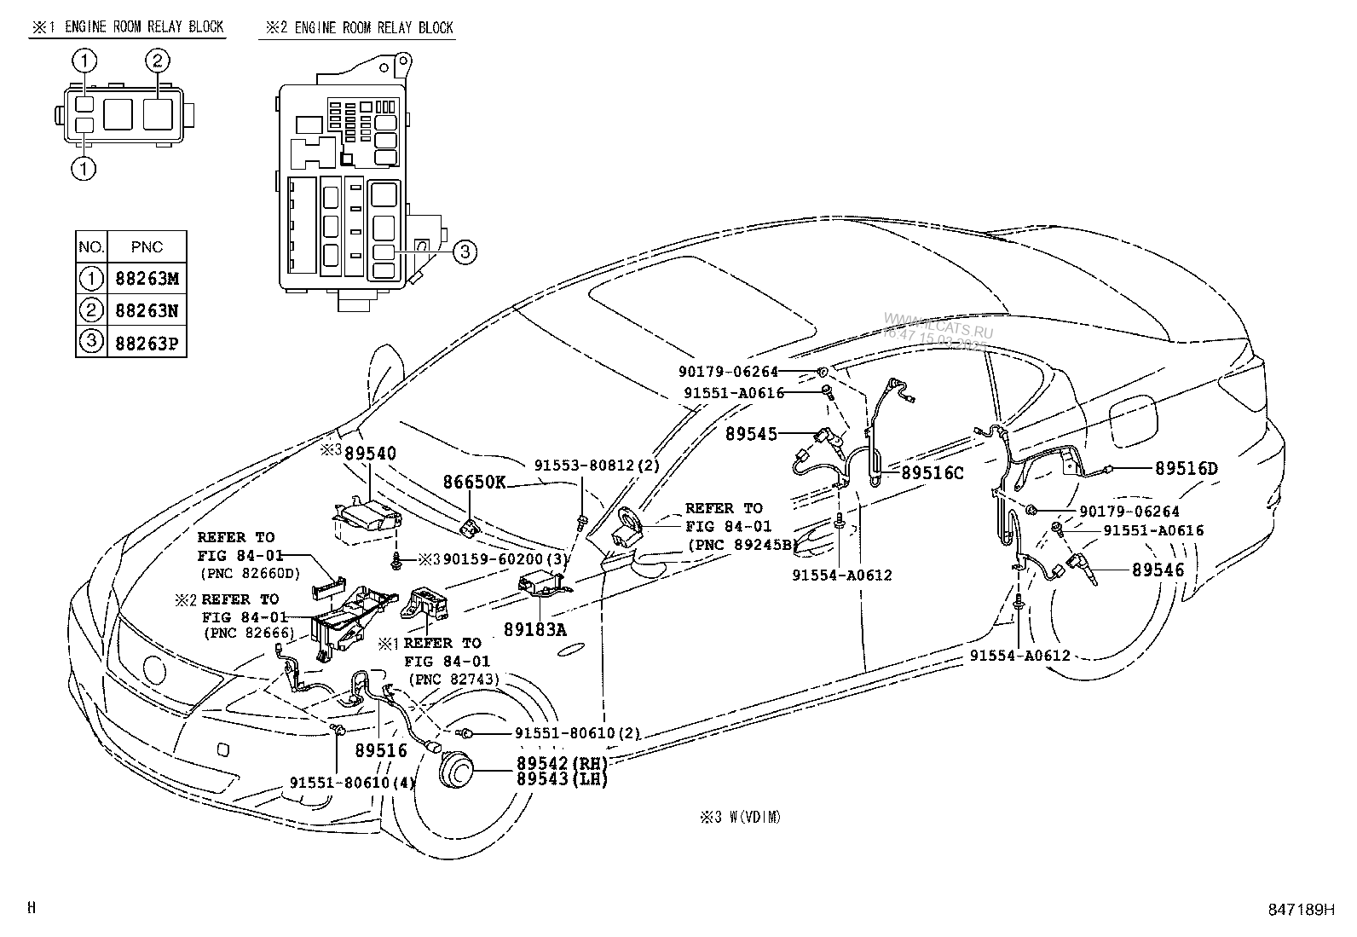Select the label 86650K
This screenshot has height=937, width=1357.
pyautogui.click(x=473, y=483)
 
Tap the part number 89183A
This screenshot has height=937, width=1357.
pyautogui.click(x=534, y=629)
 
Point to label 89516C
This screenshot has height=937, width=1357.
pyautogui.click(x=932, y=472)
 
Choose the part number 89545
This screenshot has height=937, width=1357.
pyautogui.click(x=751, y=434)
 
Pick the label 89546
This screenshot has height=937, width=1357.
pyautogui.click(x=1158, y=570)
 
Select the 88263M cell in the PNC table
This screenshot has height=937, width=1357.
pyautogui.click(x=147, y=279)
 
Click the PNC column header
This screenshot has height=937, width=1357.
pyautogui.click(x=147, y=247)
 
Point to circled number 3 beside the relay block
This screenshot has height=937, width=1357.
pyautogui.click(x=463, y=251)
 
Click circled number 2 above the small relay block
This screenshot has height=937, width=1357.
pyautogui.click(x=158, y=61)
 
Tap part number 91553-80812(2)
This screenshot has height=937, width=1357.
pyautogui.click(x=597, y=466)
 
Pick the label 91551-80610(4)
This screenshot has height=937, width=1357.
pyautogui.click(x=352, y=783)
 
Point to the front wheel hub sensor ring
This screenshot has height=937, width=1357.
pyautogui.click(x=457, y=770)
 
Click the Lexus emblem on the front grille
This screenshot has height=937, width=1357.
pyautogui.click(x=156, y=668)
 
